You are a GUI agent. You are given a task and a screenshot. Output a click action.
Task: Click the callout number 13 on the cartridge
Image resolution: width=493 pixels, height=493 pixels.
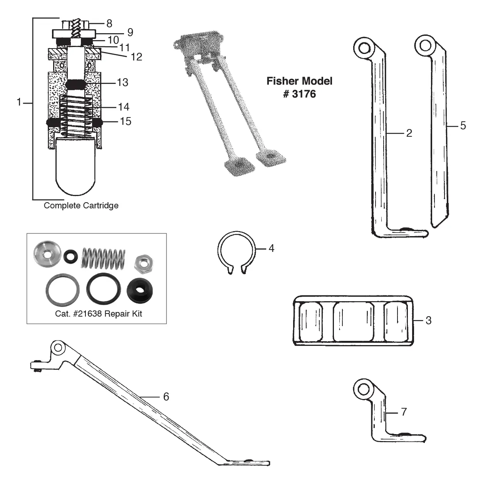point(122,82)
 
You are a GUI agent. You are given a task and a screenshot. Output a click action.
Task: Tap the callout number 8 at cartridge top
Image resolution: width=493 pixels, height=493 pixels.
point(109,23)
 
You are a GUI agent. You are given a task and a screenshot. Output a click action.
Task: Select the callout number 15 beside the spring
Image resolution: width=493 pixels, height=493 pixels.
point(126,121)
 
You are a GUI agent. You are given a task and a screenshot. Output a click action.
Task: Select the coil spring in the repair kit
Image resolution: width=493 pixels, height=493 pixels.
point(103,258)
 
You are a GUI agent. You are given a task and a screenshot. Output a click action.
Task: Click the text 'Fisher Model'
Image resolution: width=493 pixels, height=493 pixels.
point(299,81)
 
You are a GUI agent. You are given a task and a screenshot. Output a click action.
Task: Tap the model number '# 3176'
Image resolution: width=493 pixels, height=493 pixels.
point(299,94)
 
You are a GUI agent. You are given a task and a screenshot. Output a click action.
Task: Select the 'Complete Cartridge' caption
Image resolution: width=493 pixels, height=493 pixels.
point(81,206)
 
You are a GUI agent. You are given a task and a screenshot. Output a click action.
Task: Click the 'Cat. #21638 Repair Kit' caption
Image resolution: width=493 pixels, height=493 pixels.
point(99,314)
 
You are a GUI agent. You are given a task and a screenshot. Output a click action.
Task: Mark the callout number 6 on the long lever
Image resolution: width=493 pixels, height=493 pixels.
point(166,397)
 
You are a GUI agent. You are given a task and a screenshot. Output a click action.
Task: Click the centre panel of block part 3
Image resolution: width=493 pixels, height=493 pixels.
point(353,321)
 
